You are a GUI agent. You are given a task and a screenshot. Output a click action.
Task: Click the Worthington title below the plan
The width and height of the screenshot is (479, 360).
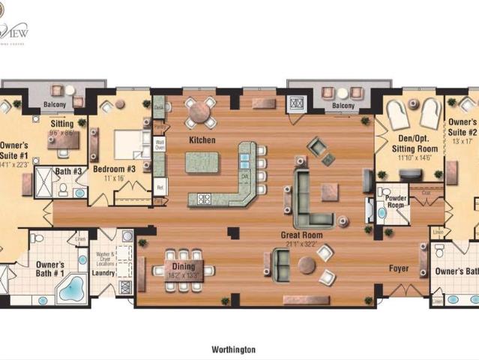(x=234, y=349)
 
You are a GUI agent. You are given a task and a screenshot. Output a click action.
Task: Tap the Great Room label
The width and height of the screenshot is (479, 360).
(x=302, y=235)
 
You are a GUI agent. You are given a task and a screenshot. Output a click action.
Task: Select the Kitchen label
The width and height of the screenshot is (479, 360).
(x=202, y=140)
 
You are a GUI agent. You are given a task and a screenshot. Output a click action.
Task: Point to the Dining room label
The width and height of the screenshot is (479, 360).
(x=183, y=267)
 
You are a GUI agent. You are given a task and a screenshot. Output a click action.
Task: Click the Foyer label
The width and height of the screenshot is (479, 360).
(x=398, y=268)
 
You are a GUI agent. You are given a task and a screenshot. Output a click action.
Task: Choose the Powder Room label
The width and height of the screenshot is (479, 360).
(x=396, y=202)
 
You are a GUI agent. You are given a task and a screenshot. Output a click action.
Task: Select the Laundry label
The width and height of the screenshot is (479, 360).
(x=103, y=274)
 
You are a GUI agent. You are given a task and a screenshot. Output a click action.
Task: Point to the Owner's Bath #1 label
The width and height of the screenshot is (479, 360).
(x=50, y=269)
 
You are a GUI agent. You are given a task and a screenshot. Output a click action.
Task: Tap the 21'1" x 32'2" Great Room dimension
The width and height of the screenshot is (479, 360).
(x=302, y=244)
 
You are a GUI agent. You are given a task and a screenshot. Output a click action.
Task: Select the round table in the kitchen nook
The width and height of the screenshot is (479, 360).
(x=200, y=112)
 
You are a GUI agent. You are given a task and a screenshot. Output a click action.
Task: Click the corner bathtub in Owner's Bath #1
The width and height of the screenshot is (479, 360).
(x=73, y=288)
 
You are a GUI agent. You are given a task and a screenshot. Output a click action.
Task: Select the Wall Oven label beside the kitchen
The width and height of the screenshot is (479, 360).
(x=160, y=144)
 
